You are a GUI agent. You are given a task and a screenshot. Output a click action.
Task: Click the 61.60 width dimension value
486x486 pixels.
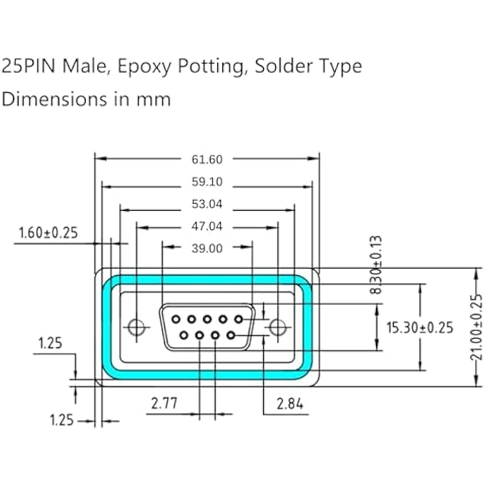(207, 159)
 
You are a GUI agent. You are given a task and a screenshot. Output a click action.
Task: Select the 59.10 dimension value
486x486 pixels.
(207, 182)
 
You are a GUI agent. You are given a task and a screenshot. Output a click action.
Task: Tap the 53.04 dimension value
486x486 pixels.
(207, 204)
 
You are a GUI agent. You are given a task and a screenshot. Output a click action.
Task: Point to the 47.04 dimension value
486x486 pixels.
(207, 227)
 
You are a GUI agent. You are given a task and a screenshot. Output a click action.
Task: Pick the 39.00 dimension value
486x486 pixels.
(207, 249)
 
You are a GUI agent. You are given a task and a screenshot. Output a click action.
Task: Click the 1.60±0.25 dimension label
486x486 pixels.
(48, 232)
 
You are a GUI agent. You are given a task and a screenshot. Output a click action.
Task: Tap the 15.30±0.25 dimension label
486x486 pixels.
(420, 328)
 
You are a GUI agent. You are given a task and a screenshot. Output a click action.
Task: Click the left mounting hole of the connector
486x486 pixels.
(136, 327)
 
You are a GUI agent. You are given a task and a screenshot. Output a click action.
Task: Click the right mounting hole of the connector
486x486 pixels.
(277, 327)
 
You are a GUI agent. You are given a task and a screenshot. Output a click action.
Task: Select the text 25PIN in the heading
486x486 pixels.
(28, 67)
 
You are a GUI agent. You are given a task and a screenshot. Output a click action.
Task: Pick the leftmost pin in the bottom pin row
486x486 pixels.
(184, 334)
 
